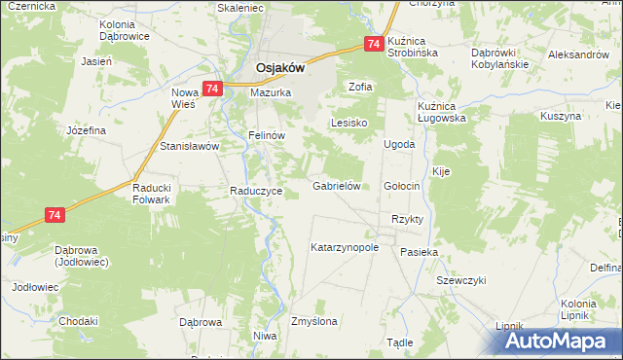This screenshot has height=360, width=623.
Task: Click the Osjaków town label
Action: pos(280,68)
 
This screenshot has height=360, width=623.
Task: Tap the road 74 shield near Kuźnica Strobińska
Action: pos(374,44)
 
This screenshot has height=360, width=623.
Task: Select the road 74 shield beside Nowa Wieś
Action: pos(214,89)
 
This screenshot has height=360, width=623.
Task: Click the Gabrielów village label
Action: pos(337,185)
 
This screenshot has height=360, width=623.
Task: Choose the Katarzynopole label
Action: pos(344,247)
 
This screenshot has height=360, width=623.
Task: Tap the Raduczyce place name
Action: pos(256,191)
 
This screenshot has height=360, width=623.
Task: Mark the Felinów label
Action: pos(266,136)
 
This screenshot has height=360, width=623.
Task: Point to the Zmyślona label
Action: pos(314,321)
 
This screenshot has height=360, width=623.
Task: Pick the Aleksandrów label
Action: pos(580,55)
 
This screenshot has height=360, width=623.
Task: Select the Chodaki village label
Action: pos(79,321)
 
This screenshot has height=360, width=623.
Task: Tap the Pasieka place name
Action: pos(420,251)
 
